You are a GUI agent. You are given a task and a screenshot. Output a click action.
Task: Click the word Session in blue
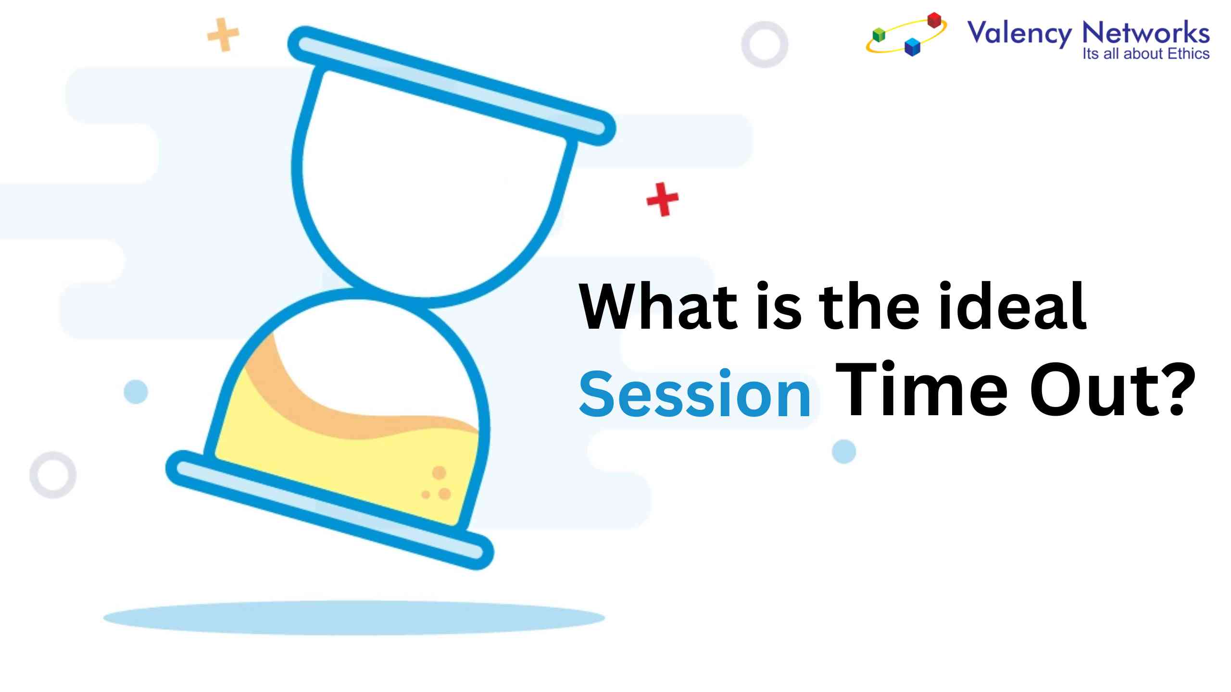pos(695,394)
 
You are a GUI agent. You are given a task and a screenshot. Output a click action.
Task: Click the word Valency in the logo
pos(1019,34)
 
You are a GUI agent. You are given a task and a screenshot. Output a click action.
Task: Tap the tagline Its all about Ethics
pos(1145,53)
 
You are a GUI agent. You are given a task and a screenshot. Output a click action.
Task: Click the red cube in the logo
pos(934,20)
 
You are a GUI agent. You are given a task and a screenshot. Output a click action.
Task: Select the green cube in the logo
pos(879,35)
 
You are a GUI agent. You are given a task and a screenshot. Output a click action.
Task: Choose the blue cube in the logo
pos(912,47)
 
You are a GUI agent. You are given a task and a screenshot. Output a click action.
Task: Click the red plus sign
pos(663,199)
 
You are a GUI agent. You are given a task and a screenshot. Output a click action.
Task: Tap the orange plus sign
pos(223,35)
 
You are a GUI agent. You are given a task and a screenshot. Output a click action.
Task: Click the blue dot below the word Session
pos(844,451)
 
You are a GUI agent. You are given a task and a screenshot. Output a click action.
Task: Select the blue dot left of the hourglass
pos(136,392)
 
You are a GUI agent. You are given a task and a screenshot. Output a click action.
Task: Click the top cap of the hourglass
pos(452,86)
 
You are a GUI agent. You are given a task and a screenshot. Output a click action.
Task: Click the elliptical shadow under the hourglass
pos(354,618)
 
